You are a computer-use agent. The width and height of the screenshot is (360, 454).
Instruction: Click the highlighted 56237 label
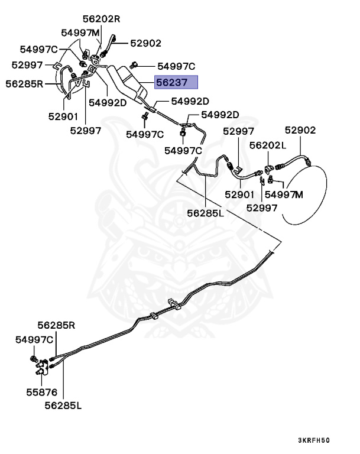coord(176,83)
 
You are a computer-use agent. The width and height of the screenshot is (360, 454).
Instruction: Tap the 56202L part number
coord(267,145)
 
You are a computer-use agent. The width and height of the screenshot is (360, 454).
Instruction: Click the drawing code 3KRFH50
coord(313,440)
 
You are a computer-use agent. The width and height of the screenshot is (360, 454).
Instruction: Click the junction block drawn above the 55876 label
coord(46,370)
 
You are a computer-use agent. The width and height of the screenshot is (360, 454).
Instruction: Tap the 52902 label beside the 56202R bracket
coord(145,43)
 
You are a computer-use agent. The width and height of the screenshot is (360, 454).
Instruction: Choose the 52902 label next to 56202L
coord(300,130)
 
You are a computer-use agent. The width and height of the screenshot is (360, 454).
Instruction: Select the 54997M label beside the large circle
coord(283,194)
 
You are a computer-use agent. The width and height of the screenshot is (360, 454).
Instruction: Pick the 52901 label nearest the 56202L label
coord(239,194)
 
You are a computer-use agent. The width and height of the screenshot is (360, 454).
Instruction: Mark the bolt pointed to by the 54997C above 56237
coord(135,64)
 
